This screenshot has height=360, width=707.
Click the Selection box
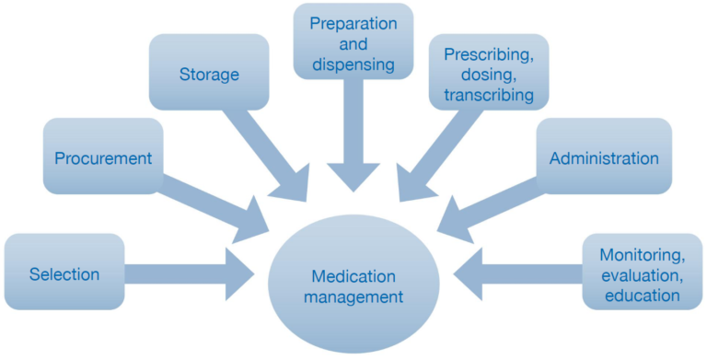click(64, 273)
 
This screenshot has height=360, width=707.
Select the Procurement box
click(102, 158)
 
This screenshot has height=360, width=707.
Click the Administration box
click(604, 157)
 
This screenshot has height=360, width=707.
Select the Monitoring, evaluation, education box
click(640, 273)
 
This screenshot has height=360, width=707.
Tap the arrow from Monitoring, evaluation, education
click(520, 273)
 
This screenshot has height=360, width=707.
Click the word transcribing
click(489, 95)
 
